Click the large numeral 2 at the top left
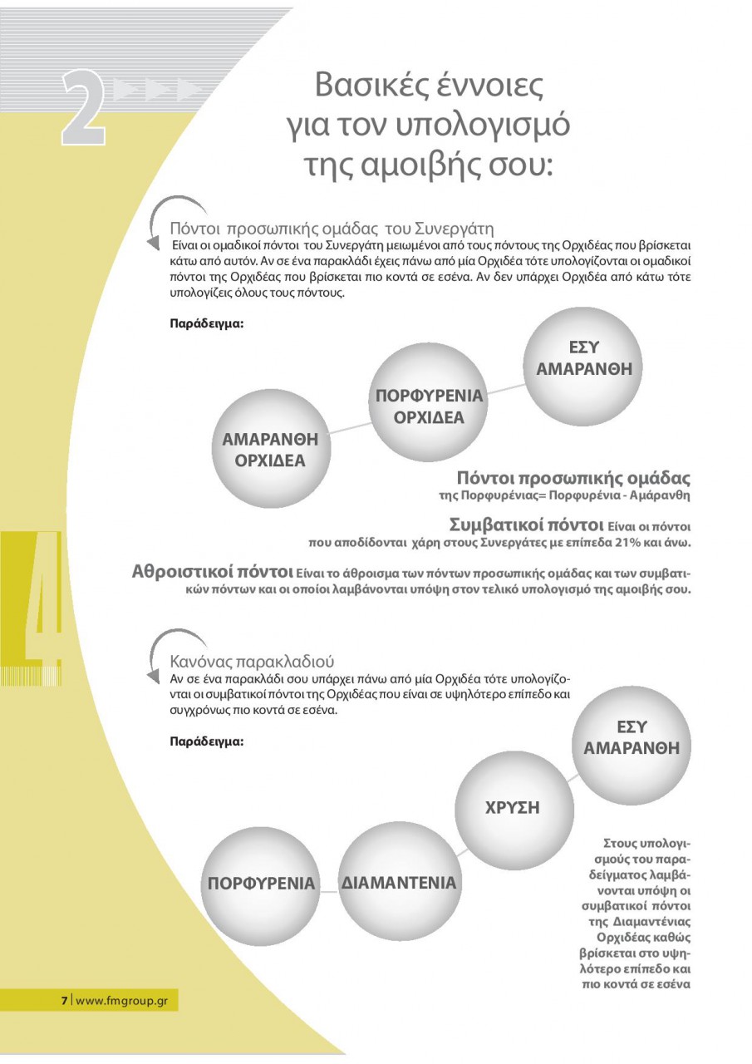click(x=83, y=108)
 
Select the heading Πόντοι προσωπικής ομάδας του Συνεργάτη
click(x=332, y=227)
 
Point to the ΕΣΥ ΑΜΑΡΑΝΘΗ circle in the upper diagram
click(x=583, y=359)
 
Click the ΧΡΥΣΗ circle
click(x=513, y=807)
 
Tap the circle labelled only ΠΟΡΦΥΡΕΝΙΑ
click(x=261, y=884)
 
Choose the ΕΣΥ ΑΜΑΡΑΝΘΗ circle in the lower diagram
click(x=632, y=738)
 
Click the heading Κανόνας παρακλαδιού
click(x=253, y=662)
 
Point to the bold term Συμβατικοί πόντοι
click(x=525, y=525)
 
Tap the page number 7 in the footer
click(x=64, y=1000)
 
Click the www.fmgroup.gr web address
click(x=122, y=1000)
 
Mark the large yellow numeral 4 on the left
click(x=42, y=598)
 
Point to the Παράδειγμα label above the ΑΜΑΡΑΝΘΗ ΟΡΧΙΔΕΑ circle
click(x=206, y=323)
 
